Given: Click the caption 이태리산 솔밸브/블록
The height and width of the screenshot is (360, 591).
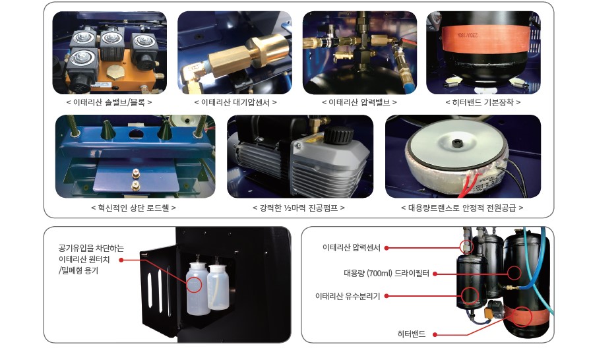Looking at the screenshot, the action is [x=109, y=102].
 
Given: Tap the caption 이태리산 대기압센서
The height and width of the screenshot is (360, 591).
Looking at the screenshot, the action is [x=235, y=102].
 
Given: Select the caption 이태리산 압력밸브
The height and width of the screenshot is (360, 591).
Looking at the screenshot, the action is [x=359, y=102].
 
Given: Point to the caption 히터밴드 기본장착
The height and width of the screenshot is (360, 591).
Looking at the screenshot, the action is [x=483, y=102].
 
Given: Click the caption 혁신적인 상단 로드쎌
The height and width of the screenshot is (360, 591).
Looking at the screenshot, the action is [x=133, y=208].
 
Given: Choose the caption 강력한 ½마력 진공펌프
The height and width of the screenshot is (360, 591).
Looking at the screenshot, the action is [x=299, y=208].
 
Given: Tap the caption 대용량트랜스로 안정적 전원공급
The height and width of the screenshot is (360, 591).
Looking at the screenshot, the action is [x=462, y=208].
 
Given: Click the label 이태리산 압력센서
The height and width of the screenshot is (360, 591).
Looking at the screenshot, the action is [x=352, y=248].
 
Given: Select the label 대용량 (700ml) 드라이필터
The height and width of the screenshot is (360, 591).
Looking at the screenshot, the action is [x=387, y=274].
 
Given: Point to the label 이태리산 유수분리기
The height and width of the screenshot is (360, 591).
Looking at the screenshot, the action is [x=348, y=296].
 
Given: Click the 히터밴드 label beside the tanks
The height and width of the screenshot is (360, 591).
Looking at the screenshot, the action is [x=411, y=334].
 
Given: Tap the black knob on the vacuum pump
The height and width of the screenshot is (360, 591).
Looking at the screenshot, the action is [x=338, y=135].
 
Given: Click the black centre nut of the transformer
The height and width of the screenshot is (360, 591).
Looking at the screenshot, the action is [x=457, y=143].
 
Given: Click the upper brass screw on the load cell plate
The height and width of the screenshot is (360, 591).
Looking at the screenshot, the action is [x=135, y=173].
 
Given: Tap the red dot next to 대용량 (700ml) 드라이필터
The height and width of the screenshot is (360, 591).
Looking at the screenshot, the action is [x=435, y=274].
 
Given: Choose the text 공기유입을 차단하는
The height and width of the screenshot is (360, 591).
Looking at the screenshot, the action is [x=91, y=248].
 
